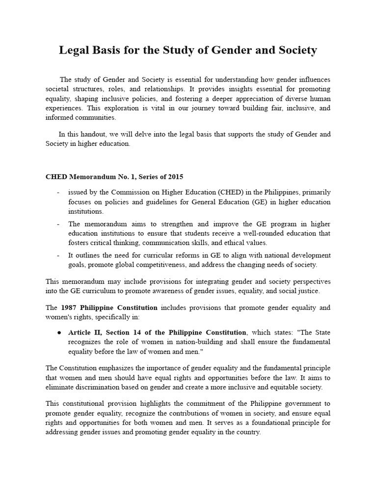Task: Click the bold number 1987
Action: tap(71, 307)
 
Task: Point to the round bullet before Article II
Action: tap(58, 332)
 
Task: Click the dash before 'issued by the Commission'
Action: tap(58, 192)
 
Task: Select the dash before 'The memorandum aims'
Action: tap(58, 224)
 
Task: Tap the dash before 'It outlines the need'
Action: tap(58, 255)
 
